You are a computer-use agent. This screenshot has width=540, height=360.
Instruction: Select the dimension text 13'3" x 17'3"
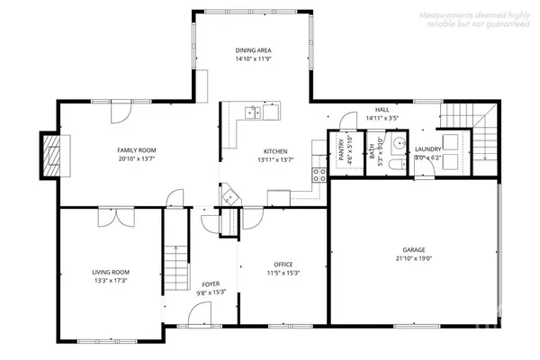[111, 281]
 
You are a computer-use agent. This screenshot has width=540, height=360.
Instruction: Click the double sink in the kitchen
[252, 113]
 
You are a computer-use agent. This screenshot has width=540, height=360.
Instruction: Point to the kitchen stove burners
[317, 174]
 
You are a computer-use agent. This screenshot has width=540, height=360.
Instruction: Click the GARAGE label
[414, 249]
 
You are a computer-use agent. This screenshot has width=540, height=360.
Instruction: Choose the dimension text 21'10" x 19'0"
[414, 258]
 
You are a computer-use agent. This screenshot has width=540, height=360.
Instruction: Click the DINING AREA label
[253, 50]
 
